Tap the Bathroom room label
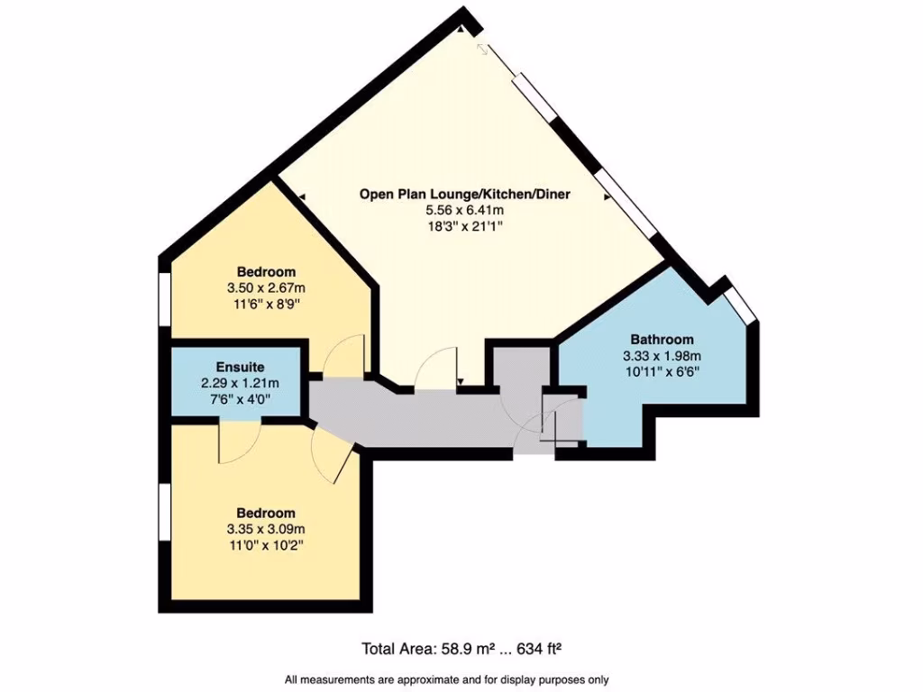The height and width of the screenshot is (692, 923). tap(662, 340)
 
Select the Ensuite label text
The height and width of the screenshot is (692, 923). tap(240, 367)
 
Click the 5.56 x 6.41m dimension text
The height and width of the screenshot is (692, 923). tap(464, 210)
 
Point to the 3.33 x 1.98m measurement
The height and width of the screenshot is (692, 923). tap(662, 355)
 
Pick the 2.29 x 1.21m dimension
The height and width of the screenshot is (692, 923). tap(240, 382)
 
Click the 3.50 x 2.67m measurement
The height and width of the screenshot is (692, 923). tap(266, 288)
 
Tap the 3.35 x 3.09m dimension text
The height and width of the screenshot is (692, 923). tap(266, 529)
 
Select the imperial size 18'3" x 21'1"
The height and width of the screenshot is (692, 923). tap(464, 226)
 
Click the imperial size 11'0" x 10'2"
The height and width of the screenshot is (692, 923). tap(266, 545)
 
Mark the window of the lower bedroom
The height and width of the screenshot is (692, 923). tap(165, 514)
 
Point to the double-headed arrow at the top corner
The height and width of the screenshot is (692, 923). tap(485, 50)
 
